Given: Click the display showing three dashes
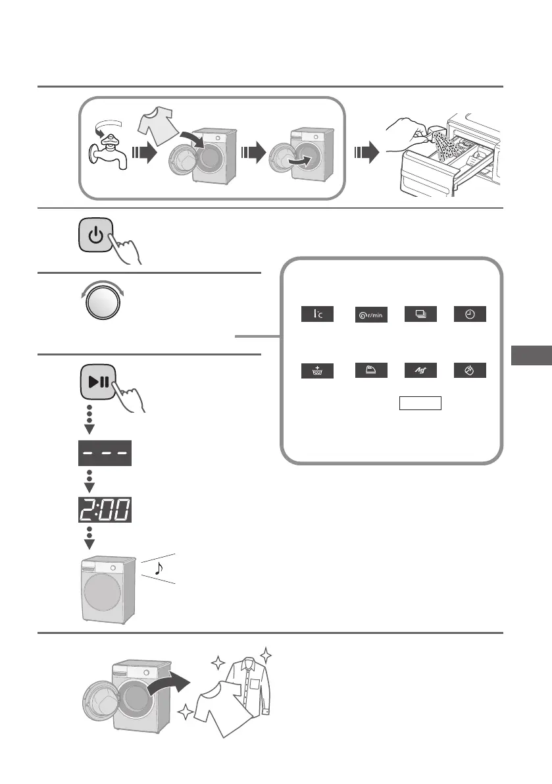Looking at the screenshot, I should (x=103, y=453).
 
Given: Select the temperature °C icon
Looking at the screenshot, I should (x=317, y=314).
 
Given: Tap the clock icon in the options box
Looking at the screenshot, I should (x=470, y=314).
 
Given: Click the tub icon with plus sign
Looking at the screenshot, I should (x=317, y=371).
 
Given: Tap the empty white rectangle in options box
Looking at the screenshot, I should (x=420, y=403).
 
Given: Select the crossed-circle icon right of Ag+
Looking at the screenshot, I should (x=470, y=371).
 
